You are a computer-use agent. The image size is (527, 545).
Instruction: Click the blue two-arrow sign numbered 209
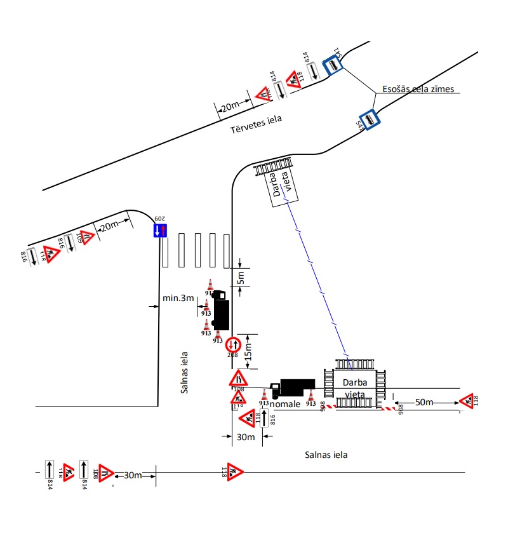160,231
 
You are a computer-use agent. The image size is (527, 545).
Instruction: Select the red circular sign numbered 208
233,344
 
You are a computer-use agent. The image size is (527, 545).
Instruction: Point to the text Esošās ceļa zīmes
418,89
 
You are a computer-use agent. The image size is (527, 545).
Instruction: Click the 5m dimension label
241,276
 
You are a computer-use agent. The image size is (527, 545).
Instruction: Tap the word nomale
285,404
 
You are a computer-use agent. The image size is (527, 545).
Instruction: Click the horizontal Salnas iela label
326,455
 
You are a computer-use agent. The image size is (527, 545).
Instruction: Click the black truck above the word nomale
293,387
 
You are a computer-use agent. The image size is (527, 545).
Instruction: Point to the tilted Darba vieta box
280,185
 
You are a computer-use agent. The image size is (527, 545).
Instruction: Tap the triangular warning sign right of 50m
467,400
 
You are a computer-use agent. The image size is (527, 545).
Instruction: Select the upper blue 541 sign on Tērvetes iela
332,65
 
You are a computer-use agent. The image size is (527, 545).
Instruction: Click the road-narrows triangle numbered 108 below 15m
238,379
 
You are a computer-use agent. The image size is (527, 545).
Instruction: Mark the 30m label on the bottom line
133,475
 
